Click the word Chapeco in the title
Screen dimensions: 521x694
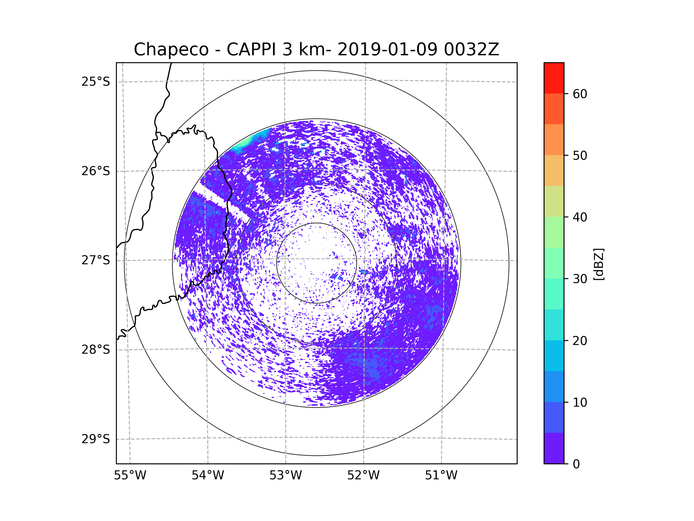(x=171, y=49)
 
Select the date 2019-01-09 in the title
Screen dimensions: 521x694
(x=387, y=49)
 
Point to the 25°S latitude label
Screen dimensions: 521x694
(x=96, y=82)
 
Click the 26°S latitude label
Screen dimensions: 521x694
(x=96, y=171)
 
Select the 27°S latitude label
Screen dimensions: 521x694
(x=96, y=260)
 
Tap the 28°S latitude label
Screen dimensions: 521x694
(x=96, y=350)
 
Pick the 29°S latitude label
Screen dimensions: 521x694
(x=96, y=439)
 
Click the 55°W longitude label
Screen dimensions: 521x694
(x=130, y=476)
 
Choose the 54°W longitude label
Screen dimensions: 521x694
(x=208, y=476)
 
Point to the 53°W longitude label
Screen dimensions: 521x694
(x=285, y=476)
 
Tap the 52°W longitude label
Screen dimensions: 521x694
(x=363, y=476)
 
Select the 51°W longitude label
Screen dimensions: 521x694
(x=441, y=476)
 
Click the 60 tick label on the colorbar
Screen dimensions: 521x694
(x=580, y=94)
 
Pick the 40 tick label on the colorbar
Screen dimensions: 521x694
(x=580, y=217)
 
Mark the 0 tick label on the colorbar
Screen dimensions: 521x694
(x=576, y=464)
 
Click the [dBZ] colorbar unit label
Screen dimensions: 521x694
(x=598, y=264)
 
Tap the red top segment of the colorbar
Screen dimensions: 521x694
(x=554, y=78)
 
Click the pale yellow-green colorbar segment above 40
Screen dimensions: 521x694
(x=554, y=201)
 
